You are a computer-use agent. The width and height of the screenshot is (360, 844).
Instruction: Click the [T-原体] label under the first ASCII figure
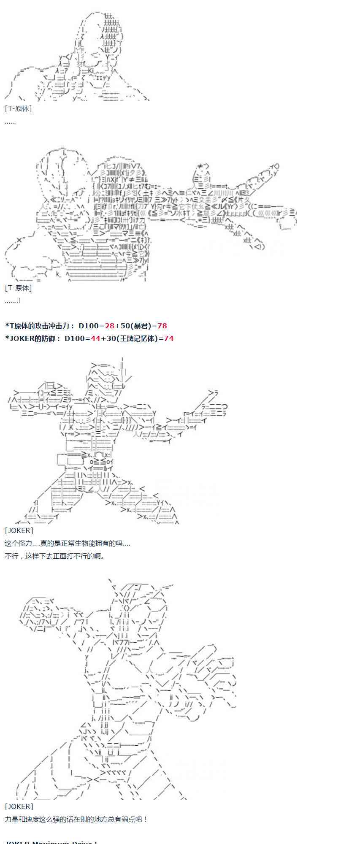click(18, 108)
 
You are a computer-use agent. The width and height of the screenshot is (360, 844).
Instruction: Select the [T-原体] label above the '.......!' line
click(18, 288)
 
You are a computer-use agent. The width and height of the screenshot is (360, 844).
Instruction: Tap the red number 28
click(109, 326)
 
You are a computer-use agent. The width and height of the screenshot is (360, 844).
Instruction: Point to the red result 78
click(162, 326)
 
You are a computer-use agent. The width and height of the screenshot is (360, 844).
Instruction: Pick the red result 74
click(169, 338)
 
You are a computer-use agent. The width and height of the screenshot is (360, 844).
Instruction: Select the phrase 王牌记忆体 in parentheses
click(138, 338)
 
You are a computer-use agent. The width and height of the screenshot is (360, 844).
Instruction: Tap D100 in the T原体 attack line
click(89, 326)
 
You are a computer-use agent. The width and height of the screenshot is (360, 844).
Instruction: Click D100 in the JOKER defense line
click(75, 338)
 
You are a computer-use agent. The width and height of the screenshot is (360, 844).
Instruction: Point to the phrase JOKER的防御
click(34, 338)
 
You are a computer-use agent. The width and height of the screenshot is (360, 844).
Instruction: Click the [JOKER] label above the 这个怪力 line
click(19, 530)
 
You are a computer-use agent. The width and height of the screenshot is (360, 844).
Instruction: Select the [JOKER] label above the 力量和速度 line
click(19, 806)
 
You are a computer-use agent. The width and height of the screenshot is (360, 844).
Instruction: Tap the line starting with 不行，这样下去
click(55, 556)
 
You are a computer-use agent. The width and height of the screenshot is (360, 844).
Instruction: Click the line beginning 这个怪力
click(68, 543)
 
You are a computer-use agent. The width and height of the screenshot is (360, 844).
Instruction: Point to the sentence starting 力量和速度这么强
click(76, 819)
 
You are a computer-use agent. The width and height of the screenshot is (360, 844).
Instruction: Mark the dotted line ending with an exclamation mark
click(13, 300)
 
